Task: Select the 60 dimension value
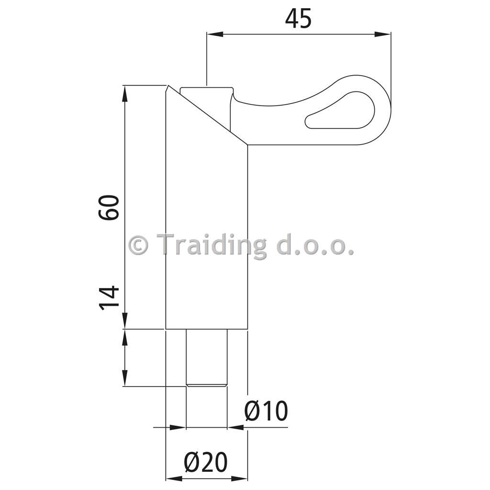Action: (x=109, y=208)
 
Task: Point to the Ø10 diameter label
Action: (x=266, y=411)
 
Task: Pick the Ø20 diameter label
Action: (x=206, y=463)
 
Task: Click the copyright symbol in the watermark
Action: (x=138, y=245)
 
